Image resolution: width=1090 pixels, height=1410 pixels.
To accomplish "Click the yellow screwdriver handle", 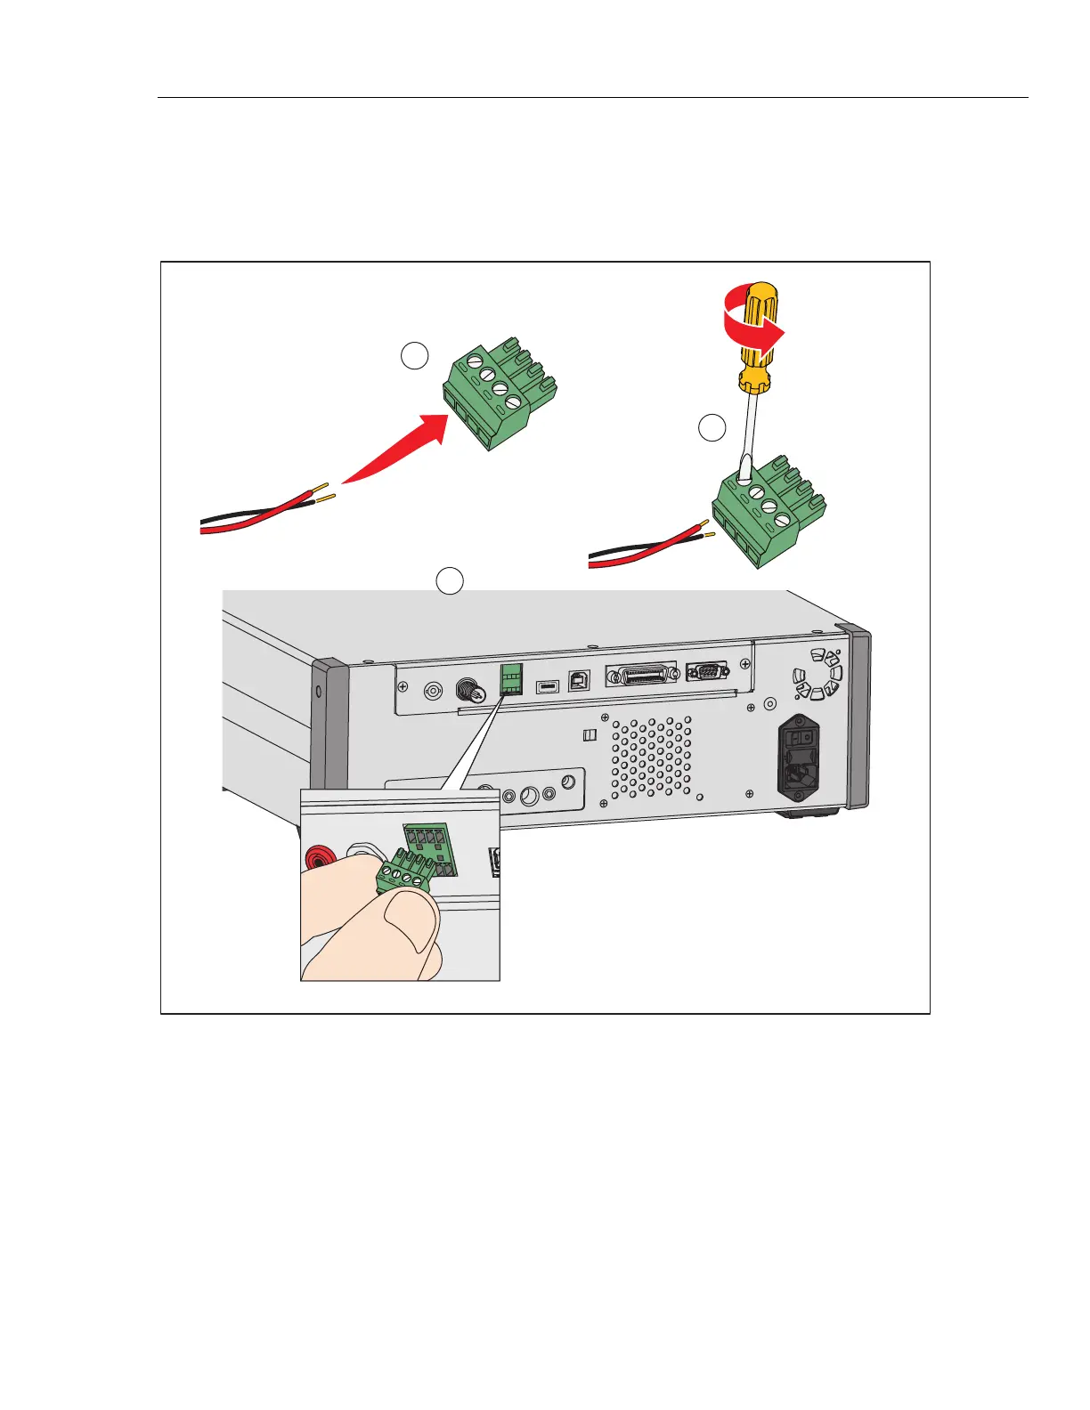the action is pos(760,338).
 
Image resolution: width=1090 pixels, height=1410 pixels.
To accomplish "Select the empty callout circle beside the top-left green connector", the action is pos(414,356).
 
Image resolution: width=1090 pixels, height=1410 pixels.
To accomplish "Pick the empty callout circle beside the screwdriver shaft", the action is pos(712,428).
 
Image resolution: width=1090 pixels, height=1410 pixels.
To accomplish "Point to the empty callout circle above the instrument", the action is pos(450,580).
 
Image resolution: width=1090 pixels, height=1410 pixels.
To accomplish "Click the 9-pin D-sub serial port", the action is pos(706,671).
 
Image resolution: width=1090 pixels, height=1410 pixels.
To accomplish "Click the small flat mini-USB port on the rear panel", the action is pos(547,686).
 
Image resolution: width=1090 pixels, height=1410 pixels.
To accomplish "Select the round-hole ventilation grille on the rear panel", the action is pos(651,758).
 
